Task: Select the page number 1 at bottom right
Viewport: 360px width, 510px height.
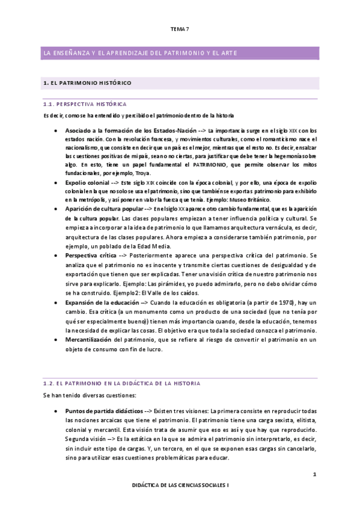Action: [314, 475]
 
